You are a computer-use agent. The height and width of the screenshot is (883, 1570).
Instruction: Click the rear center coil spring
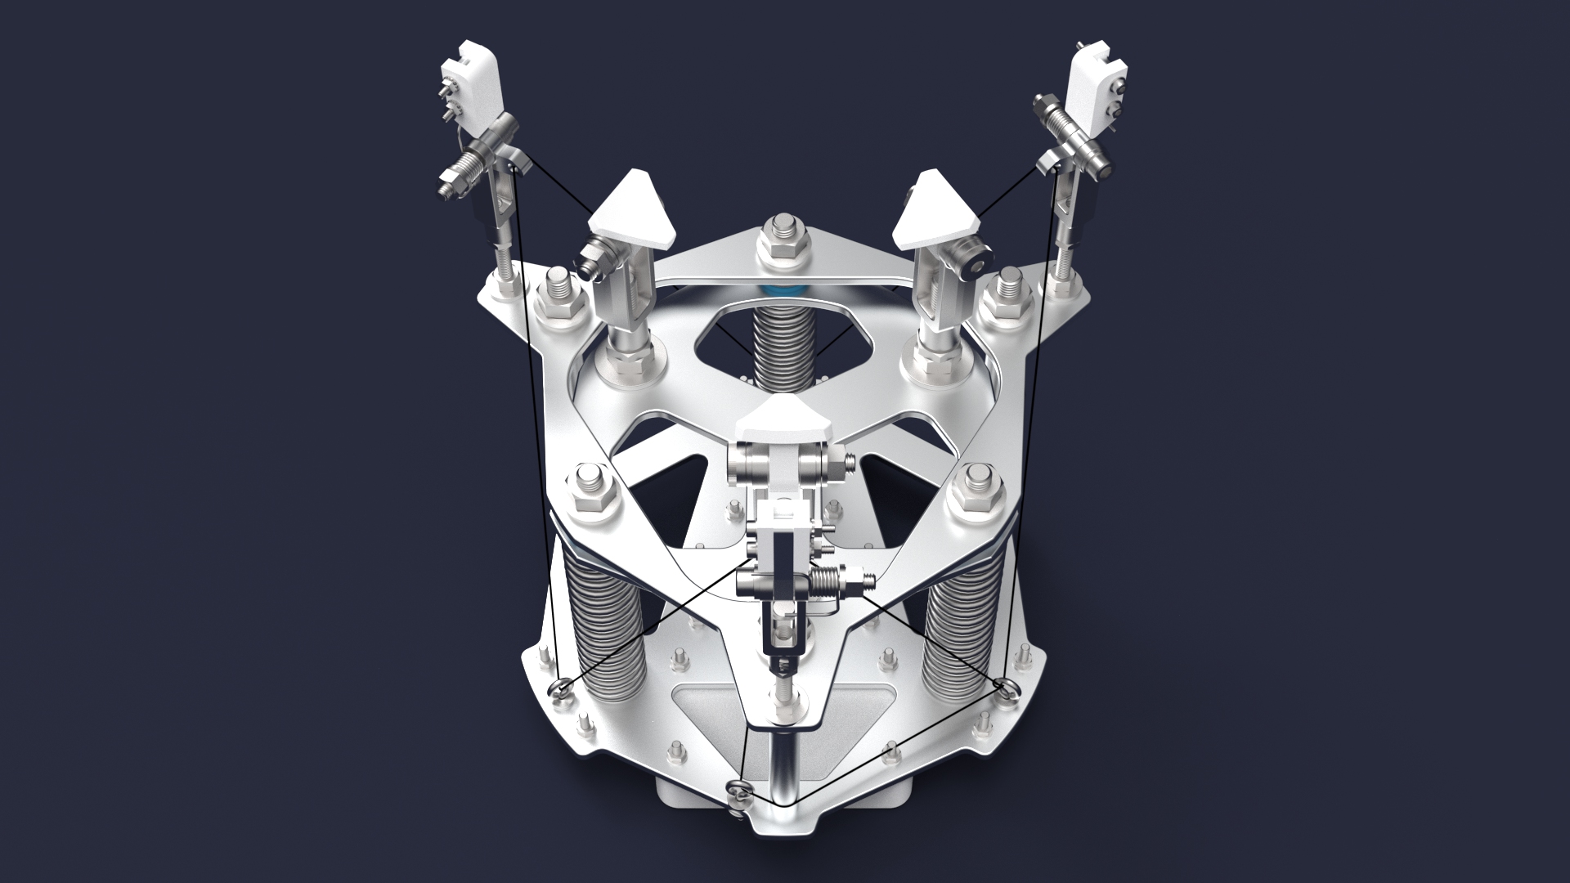point(783,343)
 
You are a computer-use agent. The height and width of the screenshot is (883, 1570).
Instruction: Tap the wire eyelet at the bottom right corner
point(1006,686)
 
